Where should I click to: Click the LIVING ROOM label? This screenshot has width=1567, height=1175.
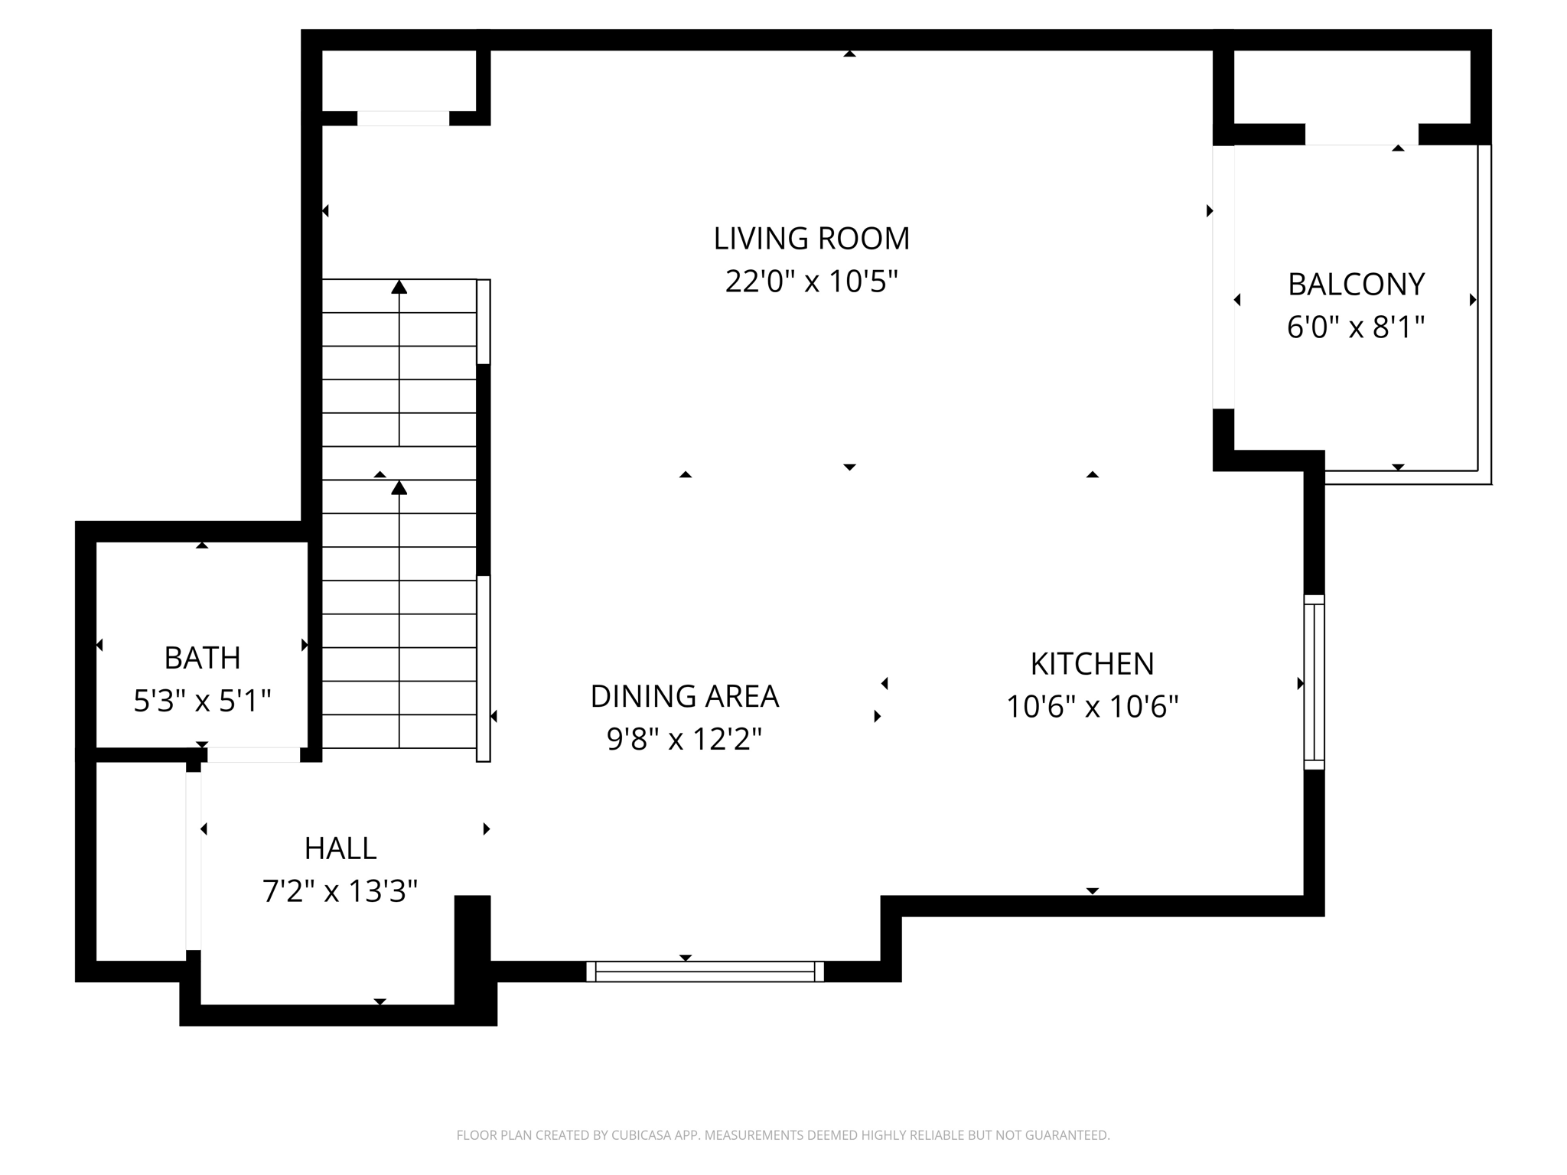(x=811, y=239)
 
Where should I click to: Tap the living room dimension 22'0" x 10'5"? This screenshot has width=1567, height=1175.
(x=811, y=282)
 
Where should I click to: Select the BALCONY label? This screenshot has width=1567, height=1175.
(x=1356, y=285)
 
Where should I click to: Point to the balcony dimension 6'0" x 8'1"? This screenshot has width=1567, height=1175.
(x=1356, y=327)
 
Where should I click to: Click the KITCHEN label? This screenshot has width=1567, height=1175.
(x=1092, y=664)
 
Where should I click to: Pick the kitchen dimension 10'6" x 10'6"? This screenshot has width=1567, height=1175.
(x=1092, y=707)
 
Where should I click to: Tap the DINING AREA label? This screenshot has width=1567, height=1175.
(x=684, y=696)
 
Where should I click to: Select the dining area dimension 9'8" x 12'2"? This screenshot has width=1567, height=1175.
(x=684, y=740)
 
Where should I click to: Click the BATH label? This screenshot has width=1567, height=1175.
(x=202, y=658)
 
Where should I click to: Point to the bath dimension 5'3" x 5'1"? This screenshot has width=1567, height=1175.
(x=202, y=701)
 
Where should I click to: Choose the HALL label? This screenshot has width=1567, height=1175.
(x=340, y=848)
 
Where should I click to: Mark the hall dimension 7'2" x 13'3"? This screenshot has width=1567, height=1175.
(x=340, y=891)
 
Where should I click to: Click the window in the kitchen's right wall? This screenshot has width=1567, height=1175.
(x=1314, y=682)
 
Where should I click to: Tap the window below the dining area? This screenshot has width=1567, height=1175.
(x=705, y=972)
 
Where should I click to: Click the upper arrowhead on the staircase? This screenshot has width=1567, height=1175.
(x=399, y=288)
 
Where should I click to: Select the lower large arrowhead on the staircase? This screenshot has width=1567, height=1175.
(x=399, y=488)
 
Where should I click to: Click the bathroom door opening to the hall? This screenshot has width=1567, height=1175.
(x=253, y=755)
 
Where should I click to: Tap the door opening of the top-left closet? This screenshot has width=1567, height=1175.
(x=403, y=119)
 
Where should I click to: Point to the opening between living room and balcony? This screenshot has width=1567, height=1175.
(x=1223, y=277)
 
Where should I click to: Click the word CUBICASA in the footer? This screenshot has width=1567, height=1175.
(x=642, y=1135)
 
